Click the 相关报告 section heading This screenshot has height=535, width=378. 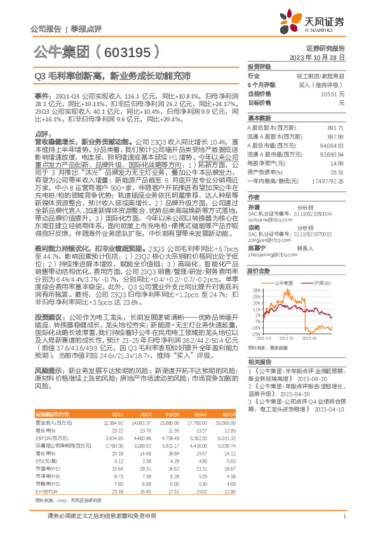[x=259, y=360]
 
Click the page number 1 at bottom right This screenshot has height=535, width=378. [x=344, y=517]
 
